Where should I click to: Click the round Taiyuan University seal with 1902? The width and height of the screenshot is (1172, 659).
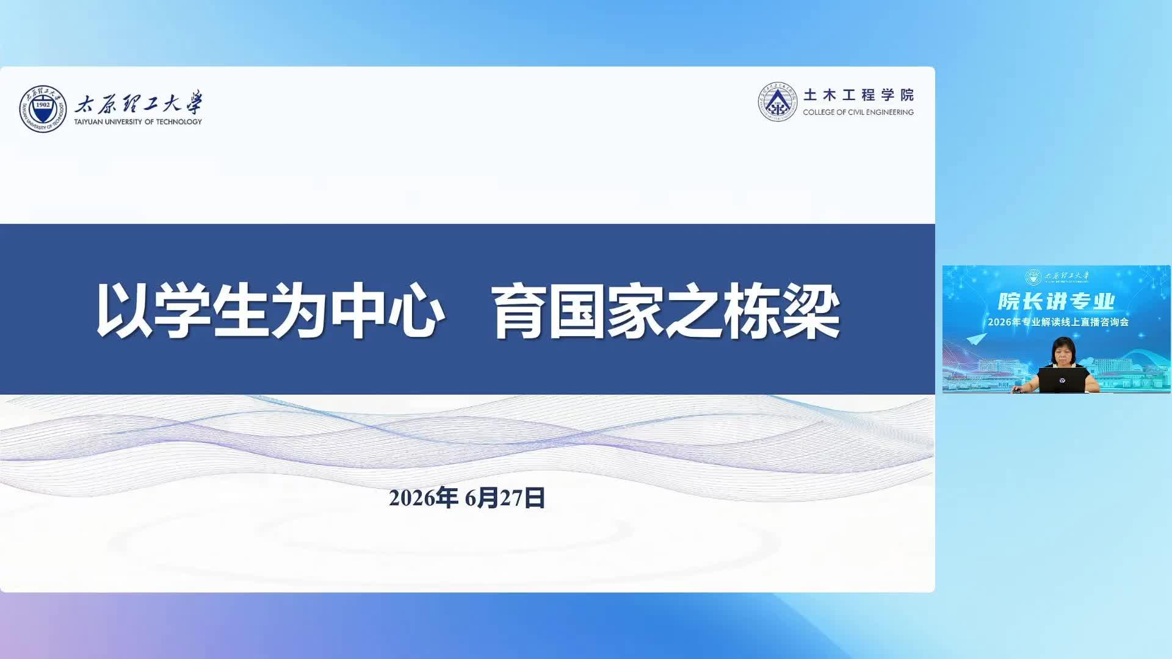point(43,109)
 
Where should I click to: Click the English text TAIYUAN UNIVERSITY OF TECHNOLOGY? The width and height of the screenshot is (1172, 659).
point(138,122)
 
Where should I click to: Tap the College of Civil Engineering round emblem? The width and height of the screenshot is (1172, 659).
point(778,102)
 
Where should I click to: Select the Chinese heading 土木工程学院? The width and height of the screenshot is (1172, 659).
point(858,95)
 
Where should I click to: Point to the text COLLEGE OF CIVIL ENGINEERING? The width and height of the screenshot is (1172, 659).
point(858,112)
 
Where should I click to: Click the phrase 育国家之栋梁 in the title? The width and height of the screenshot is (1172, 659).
point(667,311)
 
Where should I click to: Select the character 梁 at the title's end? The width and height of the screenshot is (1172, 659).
point(812,311)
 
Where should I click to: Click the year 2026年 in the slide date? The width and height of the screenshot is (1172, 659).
point(424,498)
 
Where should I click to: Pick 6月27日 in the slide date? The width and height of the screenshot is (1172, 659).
point(505,498)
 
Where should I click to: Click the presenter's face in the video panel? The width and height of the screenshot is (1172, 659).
point(1063,353)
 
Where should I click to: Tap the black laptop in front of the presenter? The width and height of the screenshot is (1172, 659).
point(1063,380)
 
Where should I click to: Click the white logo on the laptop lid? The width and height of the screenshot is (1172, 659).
point(1063,380)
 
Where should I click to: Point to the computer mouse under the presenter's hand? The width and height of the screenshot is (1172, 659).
point(1016,390)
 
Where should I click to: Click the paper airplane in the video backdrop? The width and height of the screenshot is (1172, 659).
point(977,338)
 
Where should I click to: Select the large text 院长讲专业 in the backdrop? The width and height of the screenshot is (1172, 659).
point(1057,301)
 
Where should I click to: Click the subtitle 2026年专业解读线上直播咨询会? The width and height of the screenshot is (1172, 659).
point(1058,322)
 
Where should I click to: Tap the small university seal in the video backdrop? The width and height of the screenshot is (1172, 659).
point(1033,277)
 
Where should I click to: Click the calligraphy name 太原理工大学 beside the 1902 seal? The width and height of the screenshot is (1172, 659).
point(139,103)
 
